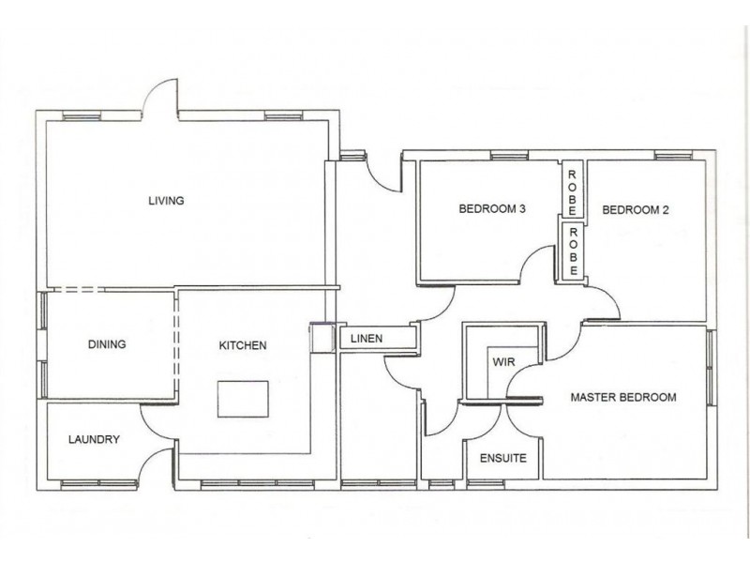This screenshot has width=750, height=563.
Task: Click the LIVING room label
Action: coord(166,200)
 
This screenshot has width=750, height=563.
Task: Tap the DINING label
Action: coord(107,344)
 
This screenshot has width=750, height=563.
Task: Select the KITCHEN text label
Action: coord(243,345)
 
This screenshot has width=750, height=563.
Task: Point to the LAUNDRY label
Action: coord(93,439)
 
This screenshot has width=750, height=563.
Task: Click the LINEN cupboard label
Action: coord(365,338)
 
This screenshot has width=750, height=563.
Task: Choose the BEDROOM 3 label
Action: coord(490,209)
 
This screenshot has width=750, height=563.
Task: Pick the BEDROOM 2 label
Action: coord(635,209)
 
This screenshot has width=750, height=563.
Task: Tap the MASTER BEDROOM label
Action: coord(623,397)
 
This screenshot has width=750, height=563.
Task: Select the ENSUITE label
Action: coord(502,459)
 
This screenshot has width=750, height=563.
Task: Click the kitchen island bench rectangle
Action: coord(243,400)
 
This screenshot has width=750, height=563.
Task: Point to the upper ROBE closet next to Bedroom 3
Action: coord(571,188)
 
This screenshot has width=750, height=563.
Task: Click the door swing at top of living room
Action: coord(160,97)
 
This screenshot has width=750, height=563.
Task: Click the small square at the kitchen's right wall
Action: coord(322,338)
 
